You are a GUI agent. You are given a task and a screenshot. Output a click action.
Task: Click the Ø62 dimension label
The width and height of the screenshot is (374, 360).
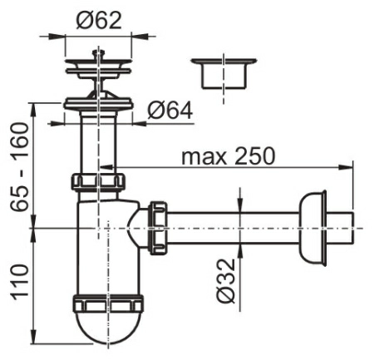tap(99, 21)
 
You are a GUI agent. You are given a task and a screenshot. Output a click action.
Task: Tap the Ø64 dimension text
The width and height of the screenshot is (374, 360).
tap(170, 111)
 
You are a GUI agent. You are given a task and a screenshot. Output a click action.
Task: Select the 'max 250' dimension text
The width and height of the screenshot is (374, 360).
tap(229, 156)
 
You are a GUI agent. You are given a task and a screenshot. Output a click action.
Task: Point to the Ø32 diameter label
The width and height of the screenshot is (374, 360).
tap(226, 281)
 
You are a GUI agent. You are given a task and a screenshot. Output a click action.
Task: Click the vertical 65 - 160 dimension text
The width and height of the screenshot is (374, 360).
tap(19, 168)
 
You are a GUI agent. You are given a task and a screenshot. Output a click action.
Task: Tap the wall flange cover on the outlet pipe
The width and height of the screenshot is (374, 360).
tap(312, 229)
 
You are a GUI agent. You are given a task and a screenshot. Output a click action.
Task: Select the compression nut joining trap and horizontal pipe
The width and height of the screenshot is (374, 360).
tap(158, 228)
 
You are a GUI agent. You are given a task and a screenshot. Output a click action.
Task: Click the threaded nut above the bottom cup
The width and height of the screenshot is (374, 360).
tap(108, 304)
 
